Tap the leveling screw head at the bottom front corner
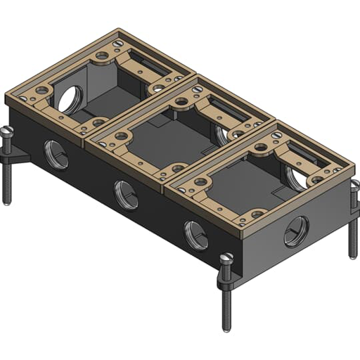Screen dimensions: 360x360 226,260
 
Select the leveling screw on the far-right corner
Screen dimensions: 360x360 353,211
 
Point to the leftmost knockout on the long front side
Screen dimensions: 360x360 56,153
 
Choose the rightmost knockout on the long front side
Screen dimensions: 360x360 196,235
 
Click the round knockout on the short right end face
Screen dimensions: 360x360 296,231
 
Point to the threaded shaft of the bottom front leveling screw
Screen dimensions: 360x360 226,302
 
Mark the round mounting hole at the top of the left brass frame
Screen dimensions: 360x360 103,54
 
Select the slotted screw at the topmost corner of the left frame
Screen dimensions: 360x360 117,41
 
